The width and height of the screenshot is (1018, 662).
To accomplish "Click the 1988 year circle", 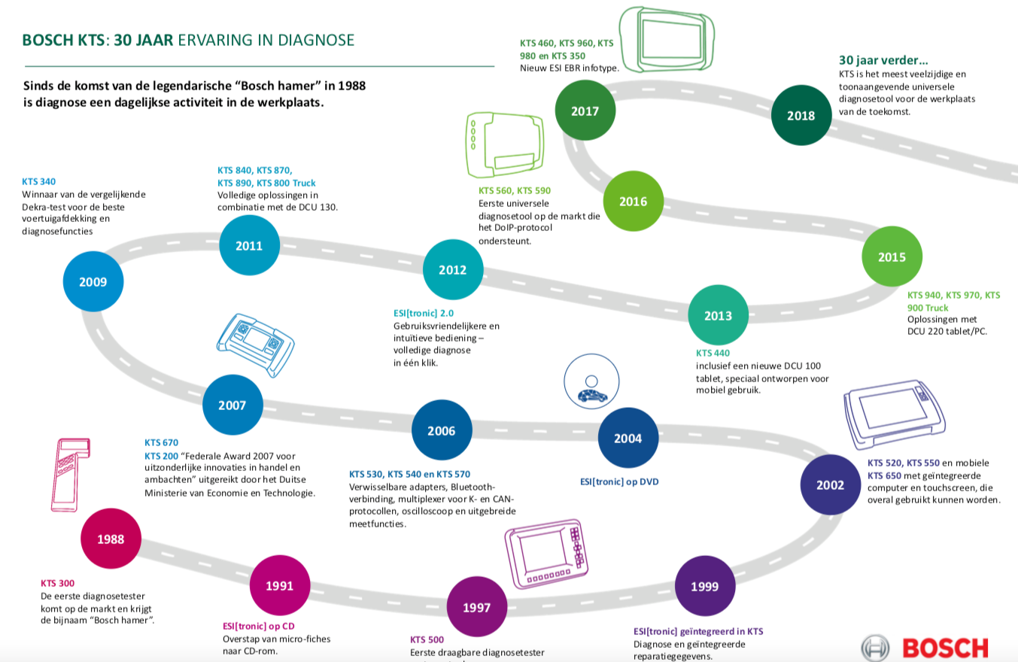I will pyautogui.click(x=111, y=539).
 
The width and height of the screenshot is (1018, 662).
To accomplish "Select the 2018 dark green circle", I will pyautogui.click(x=801, y=116).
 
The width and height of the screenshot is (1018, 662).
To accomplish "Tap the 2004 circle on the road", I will pyautogui.click(x=628, y=438).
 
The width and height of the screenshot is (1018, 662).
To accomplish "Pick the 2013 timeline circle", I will pyautogui.click(x=719, y=316).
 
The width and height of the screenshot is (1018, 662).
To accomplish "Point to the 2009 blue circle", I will pyautogui.click(x=93, y=282).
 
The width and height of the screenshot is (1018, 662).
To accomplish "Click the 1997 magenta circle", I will pyautogui.click(x=477, y=607).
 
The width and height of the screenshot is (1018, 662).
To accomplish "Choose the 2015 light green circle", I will pyautogui.click(x=892, y=257).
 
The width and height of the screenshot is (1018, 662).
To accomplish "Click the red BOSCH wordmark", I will pyautogui.click(x=945, y=648).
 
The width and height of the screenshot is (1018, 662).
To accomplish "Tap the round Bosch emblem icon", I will pyautogui.click(x=875, y=648).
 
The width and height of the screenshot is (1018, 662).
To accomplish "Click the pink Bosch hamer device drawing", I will pyautogui.click(x=70, y=474).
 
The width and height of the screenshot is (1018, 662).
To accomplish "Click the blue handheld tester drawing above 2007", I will pyautogui.click(x=256, y=342).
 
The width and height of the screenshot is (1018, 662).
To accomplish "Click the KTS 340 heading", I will pyautogui.click(x=39, y=181).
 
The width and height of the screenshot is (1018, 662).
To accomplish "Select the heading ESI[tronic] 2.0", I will pyautogui.click(x=424, y=313).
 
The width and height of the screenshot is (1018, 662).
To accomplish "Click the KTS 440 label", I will pyautogui.click(x=713, y=353).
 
